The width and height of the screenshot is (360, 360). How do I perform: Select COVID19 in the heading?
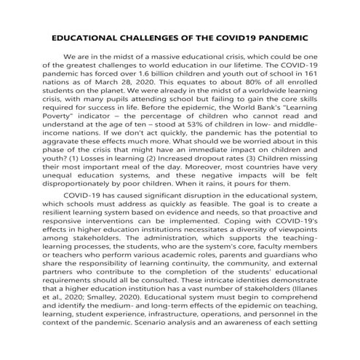coord(244,36)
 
